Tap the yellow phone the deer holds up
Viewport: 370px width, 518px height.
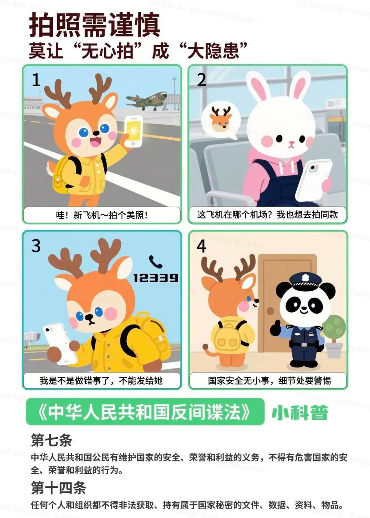134,131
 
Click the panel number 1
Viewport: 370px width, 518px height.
36,80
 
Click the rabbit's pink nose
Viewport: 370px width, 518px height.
291,142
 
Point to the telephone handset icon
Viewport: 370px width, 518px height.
155,262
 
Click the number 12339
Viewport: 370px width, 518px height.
156,278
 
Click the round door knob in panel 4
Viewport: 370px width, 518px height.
270,311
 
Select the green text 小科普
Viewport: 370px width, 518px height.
300,413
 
